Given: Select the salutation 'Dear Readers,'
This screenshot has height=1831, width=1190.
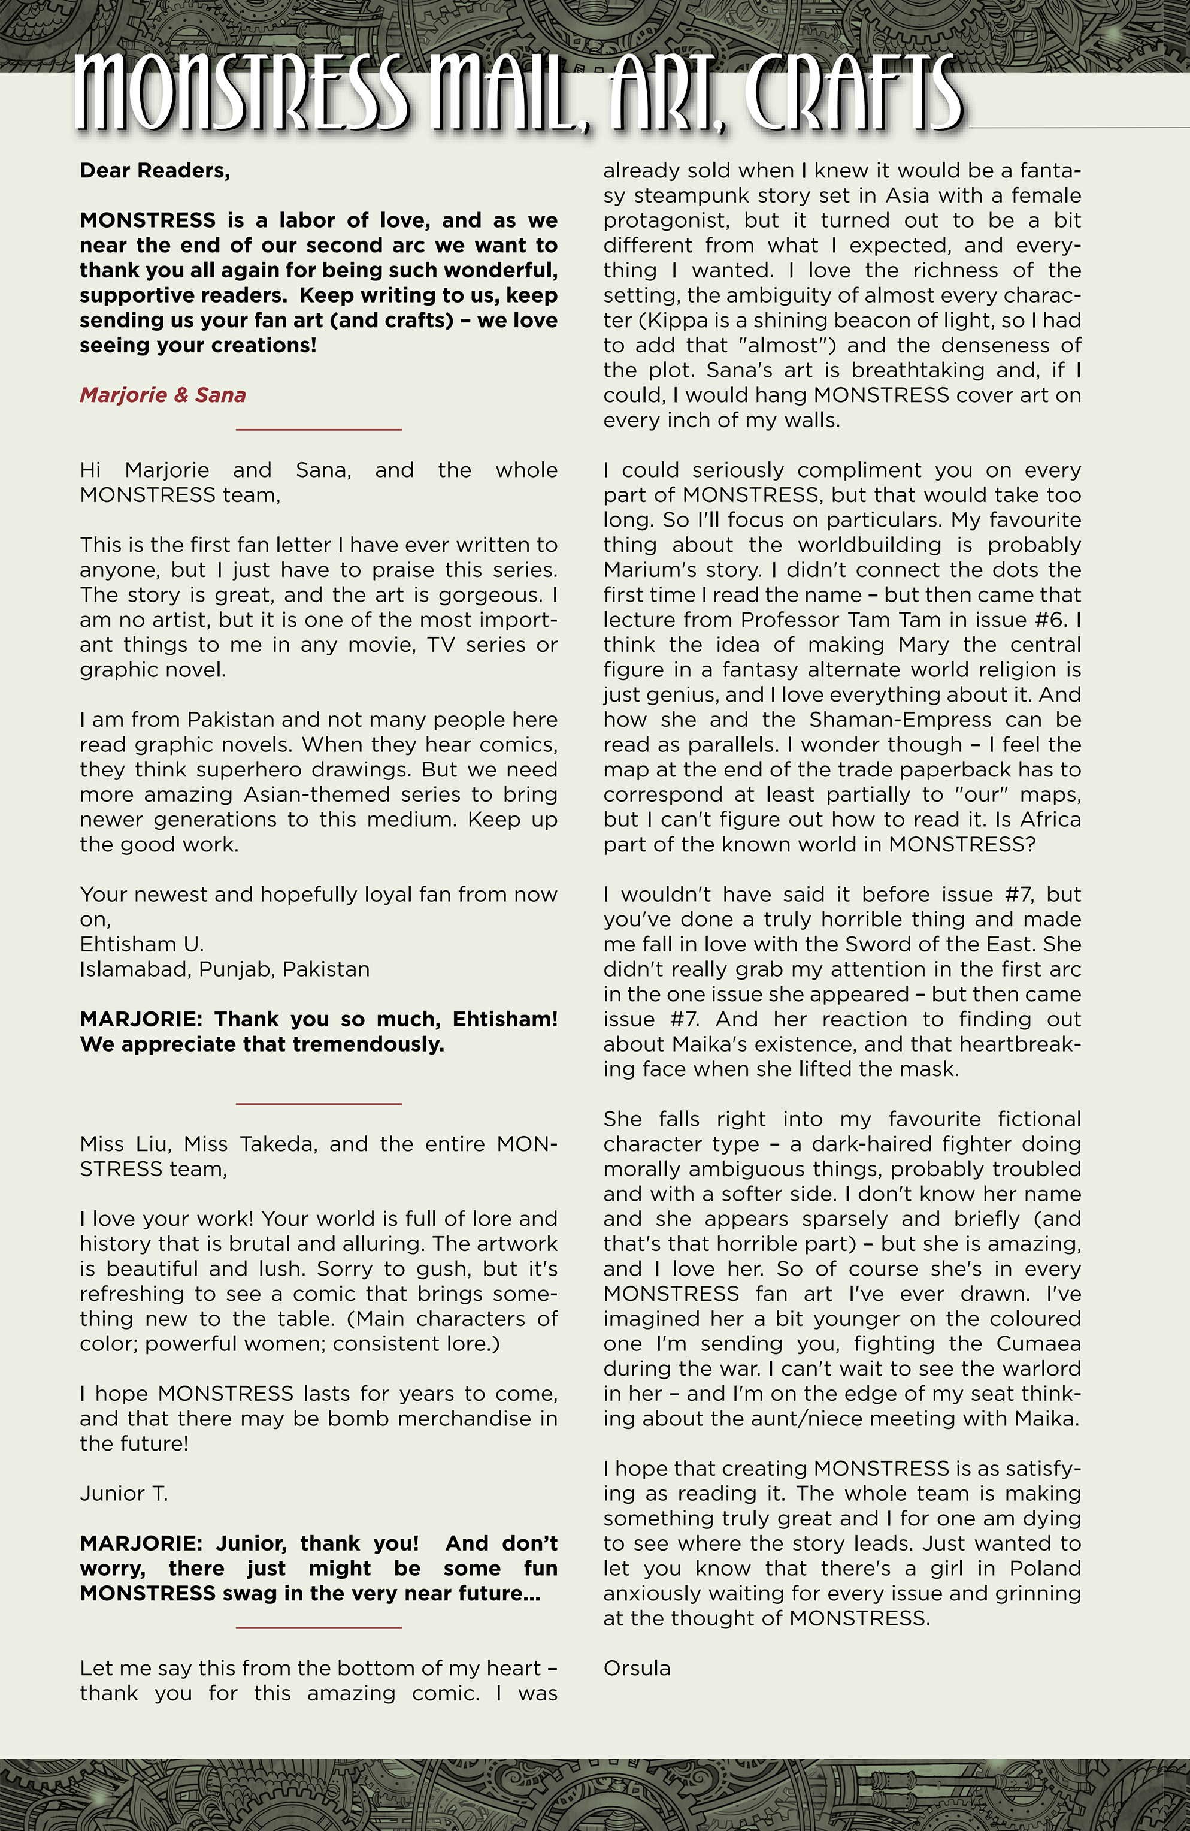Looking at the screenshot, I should click(155, 171).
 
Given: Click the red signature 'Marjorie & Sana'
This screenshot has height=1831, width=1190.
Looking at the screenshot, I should click(162, 395).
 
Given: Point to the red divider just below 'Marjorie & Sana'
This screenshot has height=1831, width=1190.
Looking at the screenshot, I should click(319, 429).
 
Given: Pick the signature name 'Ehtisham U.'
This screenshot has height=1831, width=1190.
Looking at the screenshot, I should click(141, 944).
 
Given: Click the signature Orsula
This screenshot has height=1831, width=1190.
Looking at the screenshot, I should click(636, 1668).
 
